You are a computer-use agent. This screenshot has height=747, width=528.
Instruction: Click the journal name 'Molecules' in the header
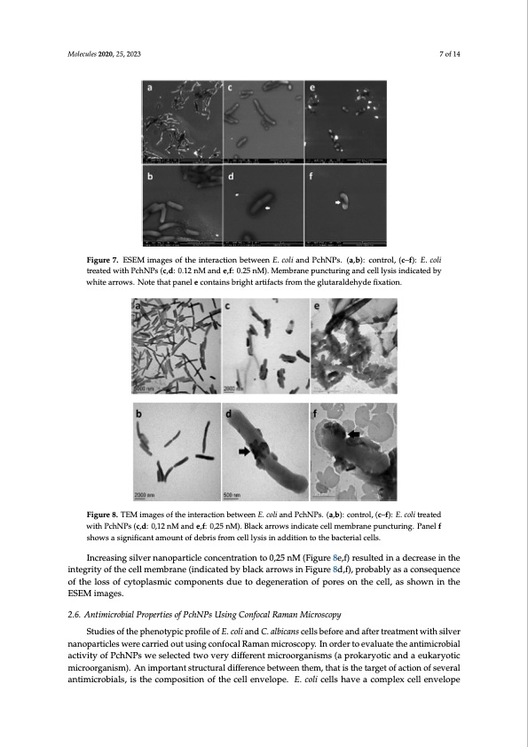[83, 54]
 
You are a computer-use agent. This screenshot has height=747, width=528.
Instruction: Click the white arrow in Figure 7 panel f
[338, 202]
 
